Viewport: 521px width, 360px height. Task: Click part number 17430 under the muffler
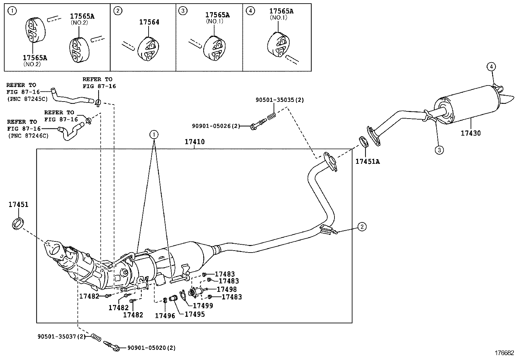pyautogui.click(x=471, y=133)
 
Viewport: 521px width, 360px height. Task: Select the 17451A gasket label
pyautogui.click(x=368, y=161)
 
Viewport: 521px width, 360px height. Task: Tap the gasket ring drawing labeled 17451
pyautogui.click(x=18, y=223)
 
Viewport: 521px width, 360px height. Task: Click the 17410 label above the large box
pyautogui.click(x=194, y=142)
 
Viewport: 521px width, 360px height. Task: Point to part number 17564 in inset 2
pyautogui.click(x=149, y=22)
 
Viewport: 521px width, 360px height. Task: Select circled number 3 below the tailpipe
pyautogui.click(x=439, y=150)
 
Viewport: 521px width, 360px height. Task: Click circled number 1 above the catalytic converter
pyautogui.click(x=154, y=134)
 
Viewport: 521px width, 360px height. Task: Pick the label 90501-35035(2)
pyautogui.click(x=279, y=100)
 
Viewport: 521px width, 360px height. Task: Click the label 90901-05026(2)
pyautogui.click(x=216, y=126)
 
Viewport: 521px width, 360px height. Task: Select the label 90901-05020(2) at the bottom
pyautogui.click(x=151, y=348)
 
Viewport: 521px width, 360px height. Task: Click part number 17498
pyautogui.click(x=227, y=289)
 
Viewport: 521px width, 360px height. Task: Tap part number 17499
pyautogui.click(x=203, y=306)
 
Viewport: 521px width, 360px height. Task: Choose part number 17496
pyautogui.click(x=165, y=316)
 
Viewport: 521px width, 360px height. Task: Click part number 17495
pyautogui.click(x=195, y=314)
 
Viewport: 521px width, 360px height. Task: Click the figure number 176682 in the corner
pyautogui.click(x=504, y=353)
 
